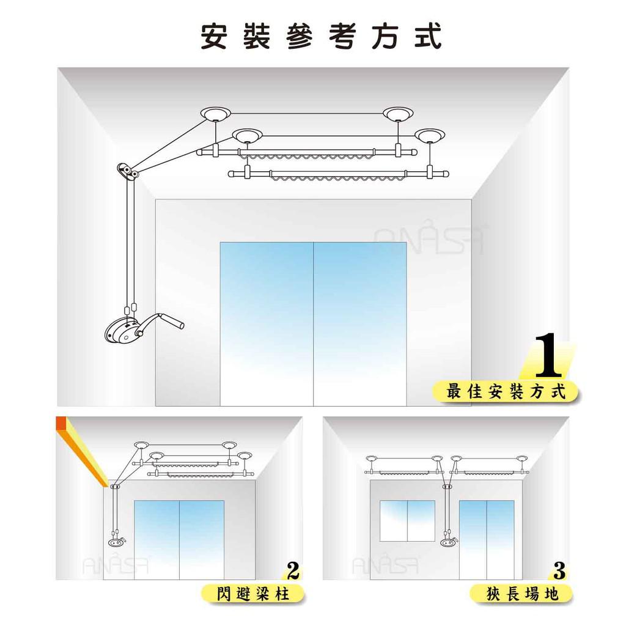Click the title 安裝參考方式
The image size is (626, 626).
point(321,36)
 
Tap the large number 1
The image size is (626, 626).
point(548,355)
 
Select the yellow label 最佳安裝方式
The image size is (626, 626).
point(506,391)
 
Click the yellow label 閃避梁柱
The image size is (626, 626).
point(252,594)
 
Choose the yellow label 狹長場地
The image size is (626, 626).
point(521,594)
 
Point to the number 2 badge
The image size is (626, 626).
point(293,571)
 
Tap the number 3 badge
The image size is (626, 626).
point(559,571)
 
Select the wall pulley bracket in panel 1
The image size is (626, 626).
point(128,171)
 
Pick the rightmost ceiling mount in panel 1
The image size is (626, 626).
point(430,135)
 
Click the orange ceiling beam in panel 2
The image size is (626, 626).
point(82,451)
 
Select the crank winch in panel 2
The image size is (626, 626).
point(117,542)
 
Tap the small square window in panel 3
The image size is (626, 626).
point(407,521)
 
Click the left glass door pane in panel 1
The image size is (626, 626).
point(267,323)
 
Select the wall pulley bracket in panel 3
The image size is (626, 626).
point(447,487)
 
